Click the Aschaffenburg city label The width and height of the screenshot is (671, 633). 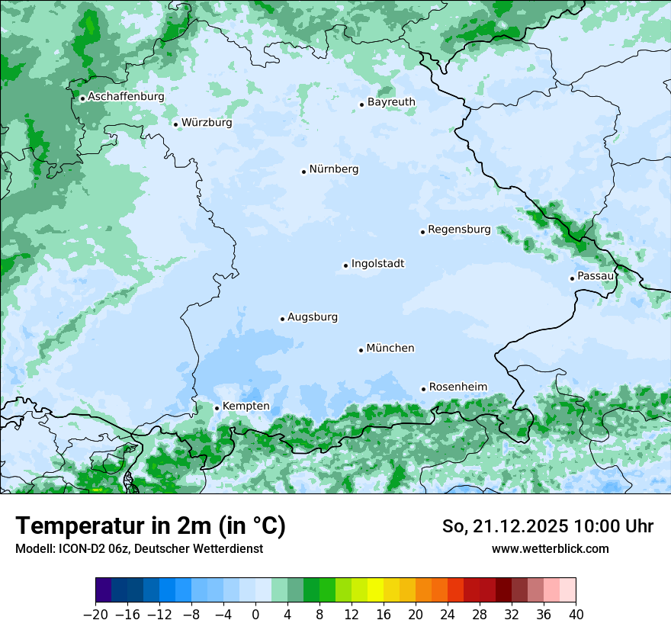coord(126,97)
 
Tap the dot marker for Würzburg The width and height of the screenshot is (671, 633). coord(175,124)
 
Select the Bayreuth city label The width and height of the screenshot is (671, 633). coord(391,102)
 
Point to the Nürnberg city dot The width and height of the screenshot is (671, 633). coord(303,172)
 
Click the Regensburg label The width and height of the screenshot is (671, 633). coord(459,230)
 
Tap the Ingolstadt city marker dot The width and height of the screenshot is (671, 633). coord(345,266)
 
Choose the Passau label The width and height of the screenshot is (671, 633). coord(596,276)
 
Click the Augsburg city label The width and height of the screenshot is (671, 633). coord(313,317)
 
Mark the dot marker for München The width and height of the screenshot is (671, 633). coord(361,350)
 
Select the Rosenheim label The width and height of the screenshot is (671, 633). coord(457,387)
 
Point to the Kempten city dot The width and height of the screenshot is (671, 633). coord(217,408)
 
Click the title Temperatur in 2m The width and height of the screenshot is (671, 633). coord(151,526)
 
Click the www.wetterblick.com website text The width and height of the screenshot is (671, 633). coord(551,549)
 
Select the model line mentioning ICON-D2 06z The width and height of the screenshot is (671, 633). coord(139,549)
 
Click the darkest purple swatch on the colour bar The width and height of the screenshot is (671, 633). coord(104,590)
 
